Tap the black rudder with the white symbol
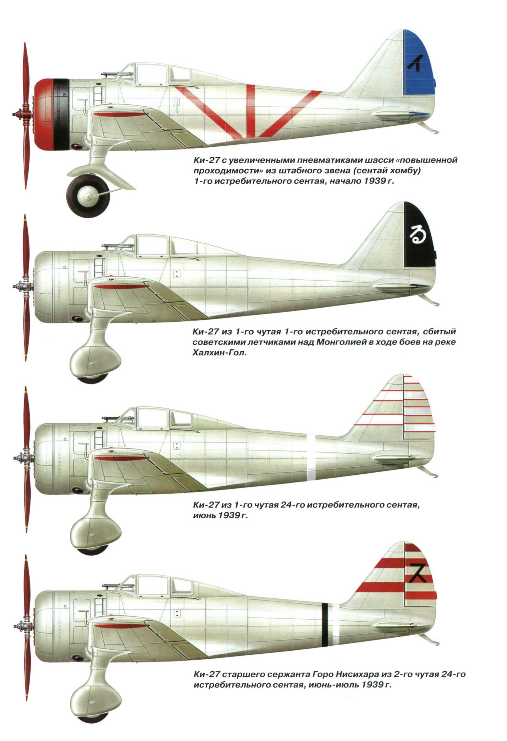coord(420,237)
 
